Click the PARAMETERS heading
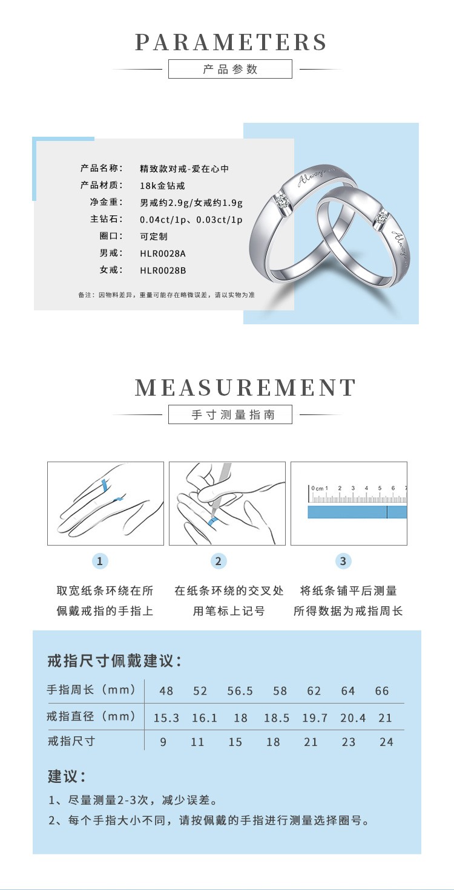pyautogui.click(x=231, y=42)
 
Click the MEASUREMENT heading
pyautogui.click(x=245, y=388)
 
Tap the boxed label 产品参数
pyautogui.click(x=230, y=69)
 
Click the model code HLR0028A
pyautogui.click(x=163, y=254)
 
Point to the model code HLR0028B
pyautogui.click(x=163, y=270)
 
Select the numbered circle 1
pyautogui.click(x=100, y=561)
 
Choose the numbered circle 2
pyautogui.click(x=219, y=561)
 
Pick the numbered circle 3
pyautogui.click(x=343, y=561)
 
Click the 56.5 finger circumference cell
pyautogui.click(x=240, y=691)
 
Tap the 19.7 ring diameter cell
pyautogui.click(x=315, y=718)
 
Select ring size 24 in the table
pyautogui.click(x=386, y=742)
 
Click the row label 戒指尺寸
pyautogui.click(x=71, y=741)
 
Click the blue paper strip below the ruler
pyautogui.click(x=357, y=512)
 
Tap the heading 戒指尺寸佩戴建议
pyautogui.click(x=114, y=661)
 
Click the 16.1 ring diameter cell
pyautogui.click(x=204, y=718)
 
